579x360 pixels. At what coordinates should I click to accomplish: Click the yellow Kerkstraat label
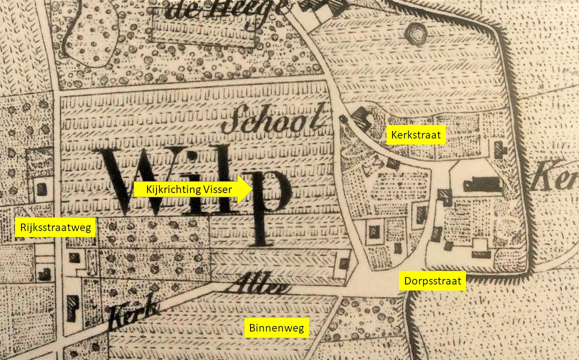(x=416, y=135)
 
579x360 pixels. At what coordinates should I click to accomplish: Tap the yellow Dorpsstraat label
(x=433, y=280)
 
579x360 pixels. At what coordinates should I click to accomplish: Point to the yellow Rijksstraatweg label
(x=55, y=228)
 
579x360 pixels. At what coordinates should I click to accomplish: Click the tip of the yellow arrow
(x=250, y=189)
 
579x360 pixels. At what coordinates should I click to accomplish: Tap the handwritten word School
(x=277, y=119)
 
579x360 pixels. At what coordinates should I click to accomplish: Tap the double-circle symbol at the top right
(x=415, y=34)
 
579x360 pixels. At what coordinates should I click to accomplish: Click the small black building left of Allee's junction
(x=344, y=263)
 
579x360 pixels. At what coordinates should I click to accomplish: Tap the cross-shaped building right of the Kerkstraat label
(x=498, y=147)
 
